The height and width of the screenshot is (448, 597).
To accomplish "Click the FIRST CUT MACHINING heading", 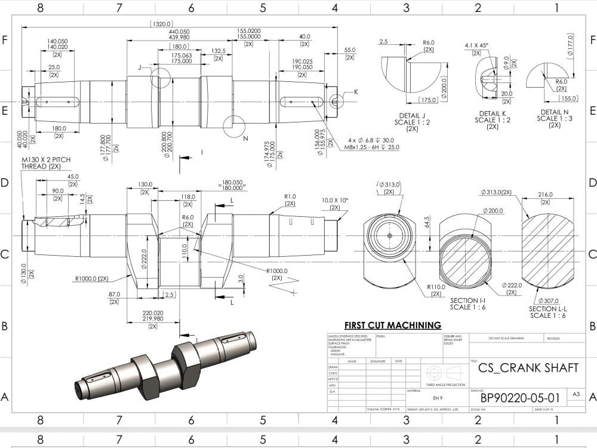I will click(393, 325).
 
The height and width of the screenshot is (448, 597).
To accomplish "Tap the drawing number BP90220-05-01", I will click(520, 398).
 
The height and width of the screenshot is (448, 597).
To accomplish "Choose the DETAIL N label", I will click(555, 112).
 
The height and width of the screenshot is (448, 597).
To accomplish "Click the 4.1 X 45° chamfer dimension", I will click(477, 45).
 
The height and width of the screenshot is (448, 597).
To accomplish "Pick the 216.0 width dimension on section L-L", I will click(546, 195).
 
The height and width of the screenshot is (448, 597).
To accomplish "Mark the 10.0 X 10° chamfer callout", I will click(335, 200).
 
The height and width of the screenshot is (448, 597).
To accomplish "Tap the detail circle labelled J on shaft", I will click(161, 78).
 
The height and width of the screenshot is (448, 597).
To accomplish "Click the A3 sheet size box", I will click(576, 394).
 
